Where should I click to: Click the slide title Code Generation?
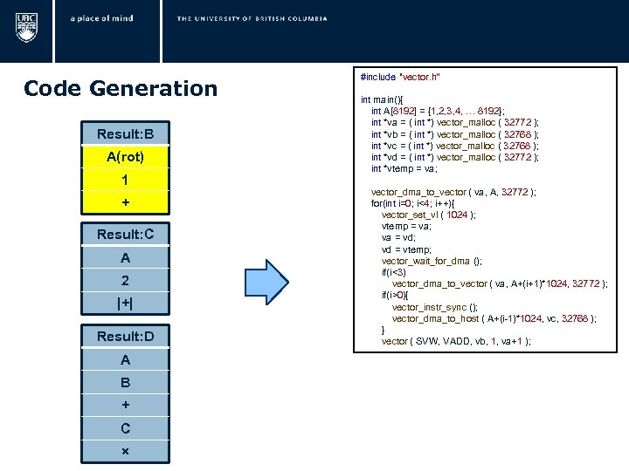(x=121, y=88)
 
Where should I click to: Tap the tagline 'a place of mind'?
(x=102, y=18)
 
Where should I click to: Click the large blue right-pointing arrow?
(x=289, y=283)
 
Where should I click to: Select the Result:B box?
(x=125, y=133)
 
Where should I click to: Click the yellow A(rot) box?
(x=125, y=157)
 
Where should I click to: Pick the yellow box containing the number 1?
(x=125, y=180)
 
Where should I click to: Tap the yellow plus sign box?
(x=125, y=202)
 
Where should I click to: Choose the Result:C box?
(x=125, y=235)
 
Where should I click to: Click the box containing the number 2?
(x=125, y=281)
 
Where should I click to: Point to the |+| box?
(x=125, y=304)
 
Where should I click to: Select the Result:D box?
(x=125, y=336)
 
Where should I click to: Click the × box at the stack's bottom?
(x=125, y=451)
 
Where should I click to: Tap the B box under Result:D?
(x=125, y=382)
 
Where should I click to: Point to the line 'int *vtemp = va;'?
(x=416, y=168)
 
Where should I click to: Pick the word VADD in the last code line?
(x=439, y=341)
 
